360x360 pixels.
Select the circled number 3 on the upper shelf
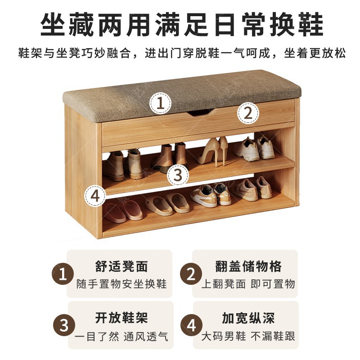[x=178, y=175]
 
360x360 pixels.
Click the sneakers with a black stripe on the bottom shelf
[x=210, y=195]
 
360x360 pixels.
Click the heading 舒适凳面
[x=121, y=266]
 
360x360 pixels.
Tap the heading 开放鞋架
[x=121, y=318]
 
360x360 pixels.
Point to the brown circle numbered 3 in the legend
[x=64, y=325]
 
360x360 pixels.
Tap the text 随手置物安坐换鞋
[x=121, y=284]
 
